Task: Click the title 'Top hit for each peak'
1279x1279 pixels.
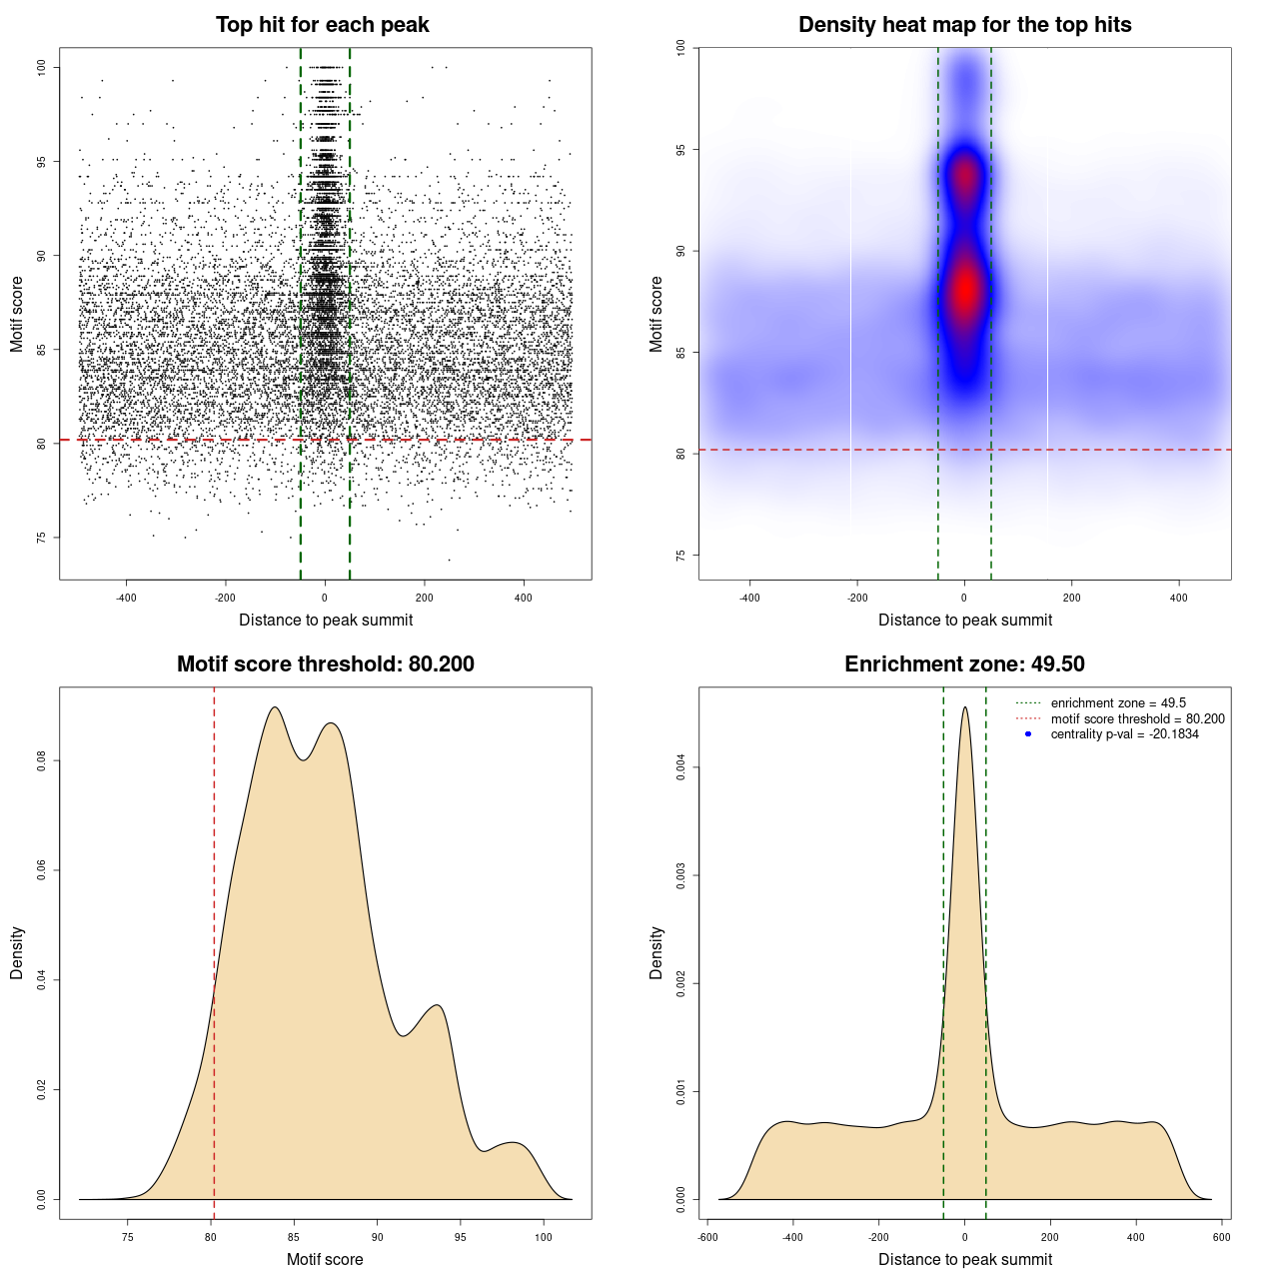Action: point(322,25)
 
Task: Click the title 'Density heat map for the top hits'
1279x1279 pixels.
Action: point(964,25)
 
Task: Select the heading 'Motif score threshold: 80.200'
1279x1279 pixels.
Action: point(325,664)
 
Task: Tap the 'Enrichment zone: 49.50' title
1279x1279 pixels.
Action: point(964,664)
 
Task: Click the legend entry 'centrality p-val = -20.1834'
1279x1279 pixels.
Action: point(1124,734)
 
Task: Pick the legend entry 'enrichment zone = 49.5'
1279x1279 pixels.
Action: point(1118,703)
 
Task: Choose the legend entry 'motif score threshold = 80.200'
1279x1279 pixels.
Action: point(1137,719)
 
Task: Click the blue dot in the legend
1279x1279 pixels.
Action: point(1028,734)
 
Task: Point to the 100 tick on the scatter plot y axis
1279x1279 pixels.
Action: point(42,67)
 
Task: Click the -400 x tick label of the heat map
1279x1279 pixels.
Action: point(749,598)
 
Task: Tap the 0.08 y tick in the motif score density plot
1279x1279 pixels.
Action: point(42,761)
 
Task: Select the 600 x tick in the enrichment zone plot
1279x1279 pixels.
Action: point(1221,1237)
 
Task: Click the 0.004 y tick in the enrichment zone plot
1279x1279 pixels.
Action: point(681,767)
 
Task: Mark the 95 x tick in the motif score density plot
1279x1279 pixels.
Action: point(460,1237)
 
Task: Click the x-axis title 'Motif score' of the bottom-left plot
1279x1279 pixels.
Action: point(325,1259)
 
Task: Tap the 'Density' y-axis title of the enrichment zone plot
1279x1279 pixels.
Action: point(656,952)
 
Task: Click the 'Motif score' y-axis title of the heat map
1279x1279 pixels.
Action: point(656,314)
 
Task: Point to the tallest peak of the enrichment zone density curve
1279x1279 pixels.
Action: point(964,708)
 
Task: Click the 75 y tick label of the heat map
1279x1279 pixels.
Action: point(681,556)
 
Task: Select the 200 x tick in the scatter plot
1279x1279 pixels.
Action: point(424,598)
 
